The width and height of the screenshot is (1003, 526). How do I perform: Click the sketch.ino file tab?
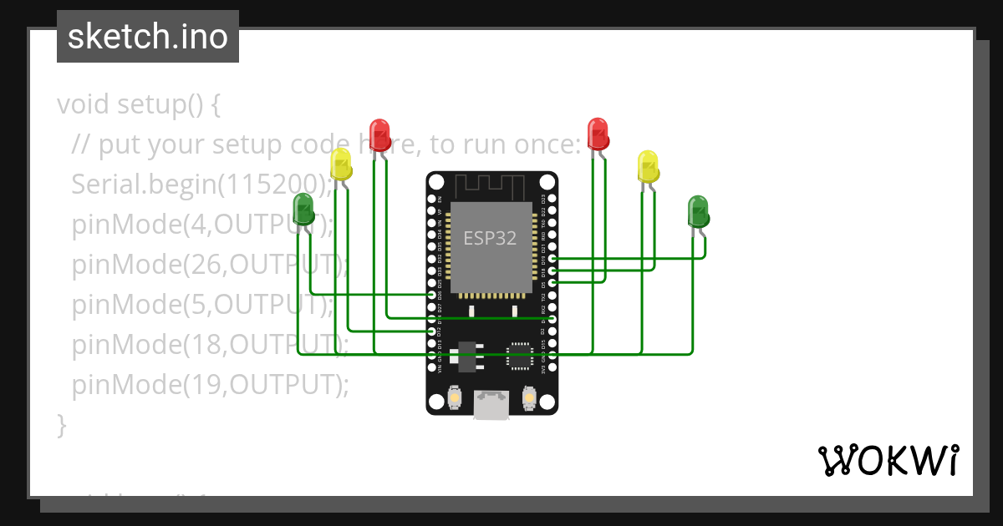point(147,37)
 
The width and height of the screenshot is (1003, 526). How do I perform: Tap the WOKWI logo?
point(888,460)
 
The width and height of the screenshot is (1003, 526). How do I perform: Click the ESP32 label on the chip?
point(490,238)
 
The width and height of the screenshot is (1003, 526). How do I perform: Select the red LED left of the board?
point(379,134)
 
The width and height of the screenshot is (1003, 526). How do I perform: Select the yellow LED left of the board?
point(340,164)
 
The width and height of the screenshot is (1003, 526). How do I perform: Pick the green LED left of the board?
point(303,208)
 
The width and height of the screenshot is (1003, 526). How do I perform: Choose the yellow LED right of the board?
point(648,166)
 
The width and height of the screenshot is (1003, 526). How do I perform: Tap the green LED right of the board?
point(698,210)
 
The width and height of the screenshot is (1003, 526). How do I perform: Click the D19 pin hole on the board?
point(551,260)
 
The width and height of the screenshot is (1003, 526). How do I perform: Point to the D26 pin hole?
point(432,295)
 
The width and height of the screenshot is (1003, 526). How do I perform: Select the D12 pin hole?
point(432,331)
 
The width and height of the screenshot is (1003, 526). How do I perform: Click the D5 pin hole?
point(551,283)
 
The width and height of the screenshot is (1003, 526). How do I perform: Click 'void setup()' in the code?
point(139,105)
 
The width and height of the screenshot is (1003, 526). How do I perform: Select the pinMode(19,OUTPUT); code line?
point(209,385)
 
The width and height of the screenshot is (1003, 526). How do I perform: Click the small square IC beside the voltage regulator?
point(519,356)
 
